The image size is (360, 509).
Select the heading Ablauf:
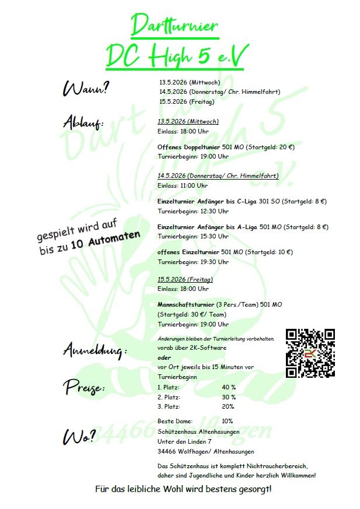[x=83, y=123]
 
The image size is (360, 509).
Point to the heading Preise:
[x=84, y=388]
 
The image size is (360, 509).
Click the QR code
[x=310, y=354]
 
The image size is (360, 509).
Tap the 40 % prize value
[x=229, y=387]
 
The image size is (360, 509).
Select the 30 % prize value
[x=229, y=397]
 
